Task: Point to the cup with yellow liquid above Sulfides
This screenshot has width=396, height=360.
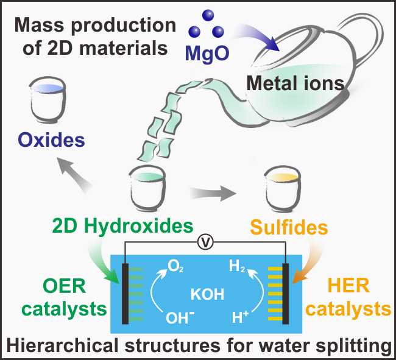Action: point(282,191)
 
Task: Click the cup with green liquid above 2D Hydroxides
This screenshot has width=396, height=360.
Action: point(148,191)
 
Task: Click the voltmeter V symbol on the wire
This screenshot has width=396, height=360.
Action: point(207,243)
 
